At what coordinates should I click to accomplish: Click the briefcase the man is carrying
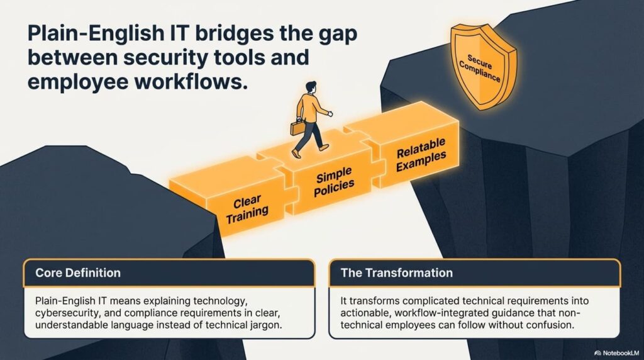[297, 127]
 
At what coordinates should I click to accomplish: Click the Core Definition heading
[78, 273]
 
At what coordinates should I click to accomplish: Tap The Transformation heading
[396, 273]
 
